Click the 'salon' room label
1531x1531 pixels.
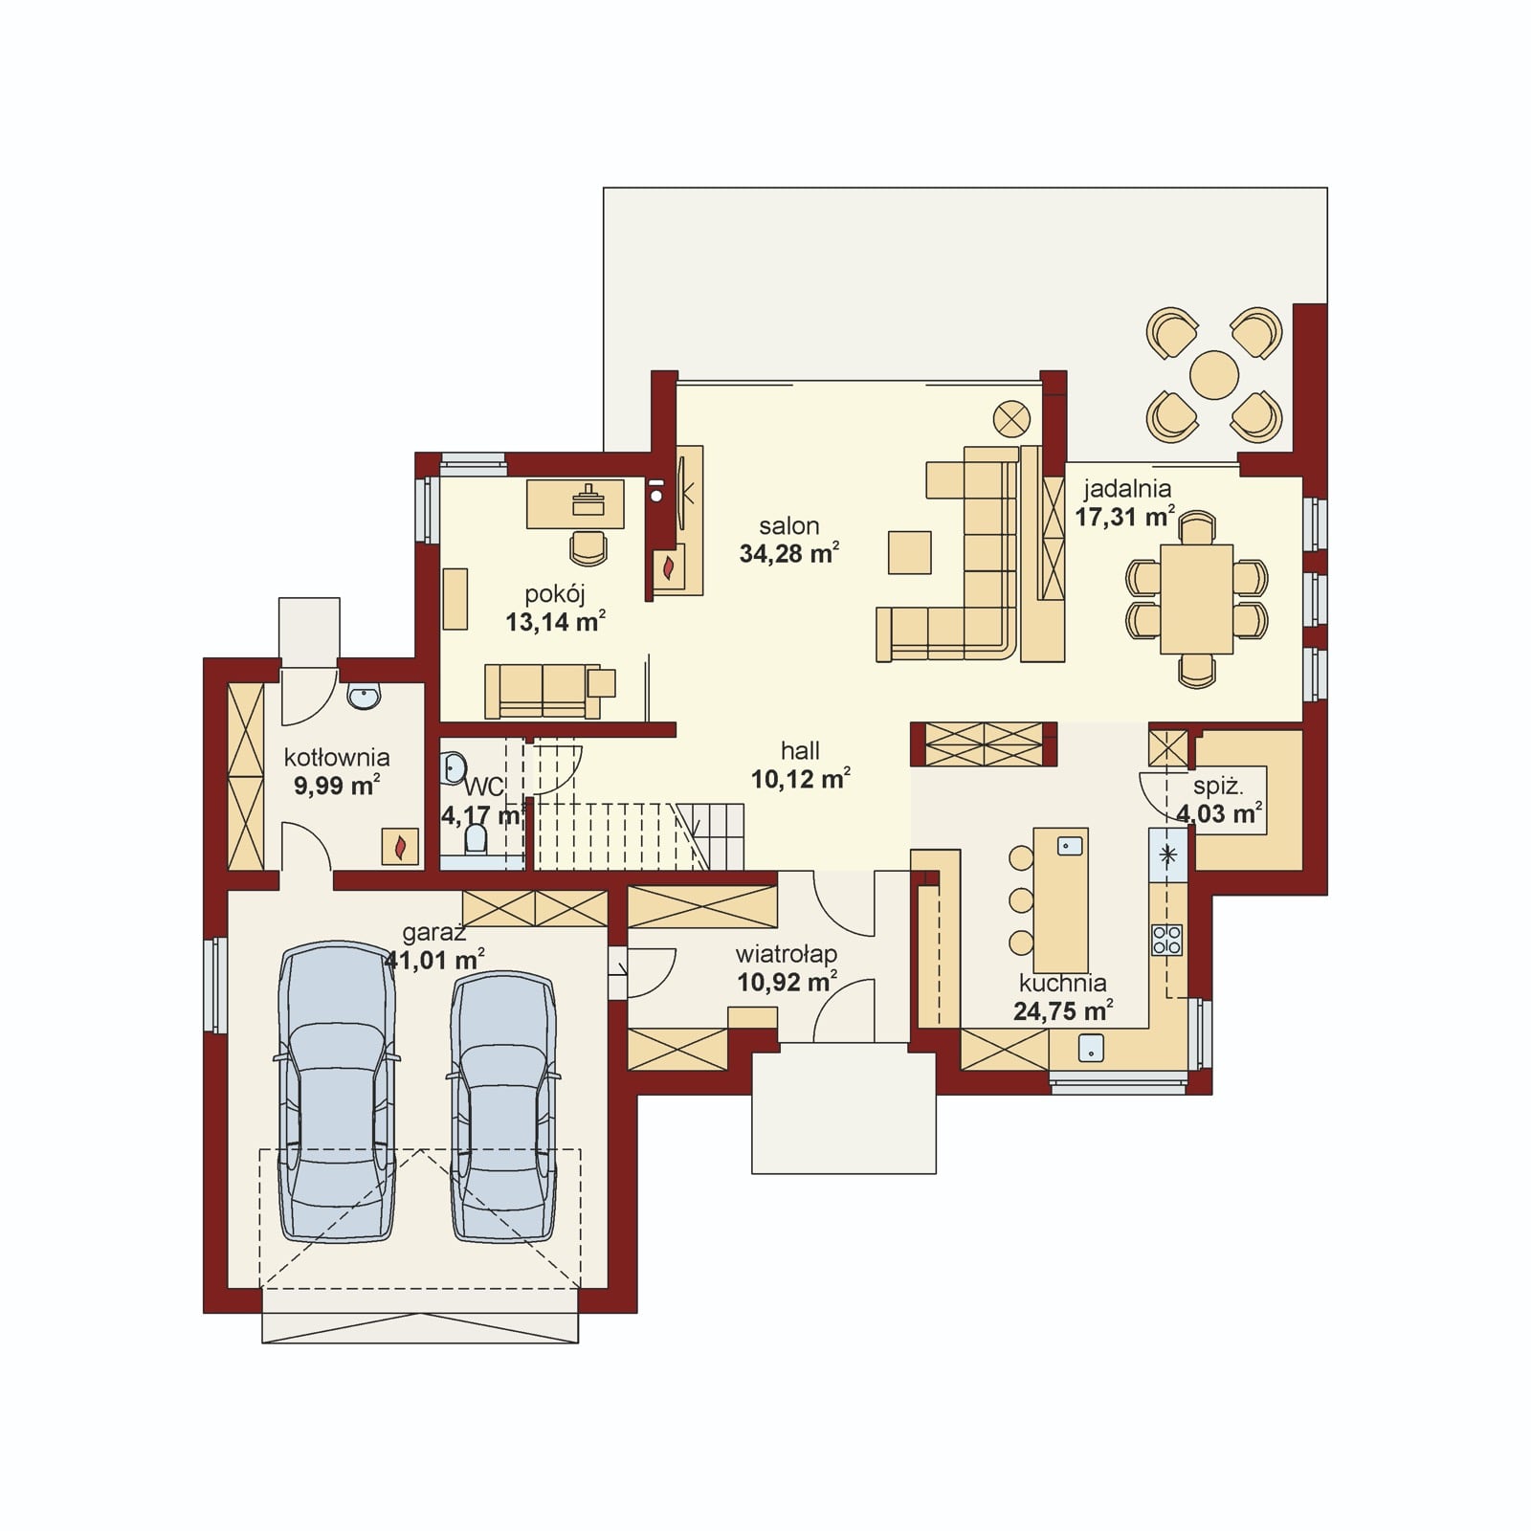tap(789, 526)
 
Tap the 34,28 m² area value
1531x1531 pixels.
tap(789, 553)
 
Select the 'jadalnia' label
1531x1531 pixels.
tap(1127, 490)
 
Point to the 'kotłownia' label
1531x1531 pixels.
tap(337, 758)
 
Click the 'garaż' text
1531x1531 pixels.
tap(433, 932)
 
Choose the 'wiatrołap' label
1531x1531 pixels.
tap(787, 955)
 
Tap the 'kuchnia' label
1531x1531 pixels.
tap(1063, 984)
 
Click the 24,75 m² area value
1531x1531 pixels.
tap(1063, 1010)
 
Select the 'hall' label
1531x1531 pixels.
tap(800, 751)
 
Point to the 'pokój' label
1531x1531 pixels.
tap(555, 595)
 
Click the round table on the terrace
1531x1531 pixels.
tap(1214, 374)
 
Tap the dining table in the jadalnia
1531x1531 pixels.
tap(1196, 599)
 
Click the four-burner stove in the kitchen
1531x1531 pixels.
tap(1166, 940)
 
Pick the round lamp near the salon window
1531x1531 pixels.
tap(1010, 417)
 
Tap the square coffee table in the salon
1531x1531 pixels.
tap(909, 552)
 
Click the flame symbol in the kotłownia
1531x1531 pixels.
tap(401, 847)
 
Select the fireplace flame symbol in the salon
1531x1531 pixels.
tap(669, 568)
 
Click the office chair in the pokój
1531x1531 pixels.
tap(588, 547)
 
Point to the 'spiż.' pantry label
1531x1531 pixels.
tap(1218, 788)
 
